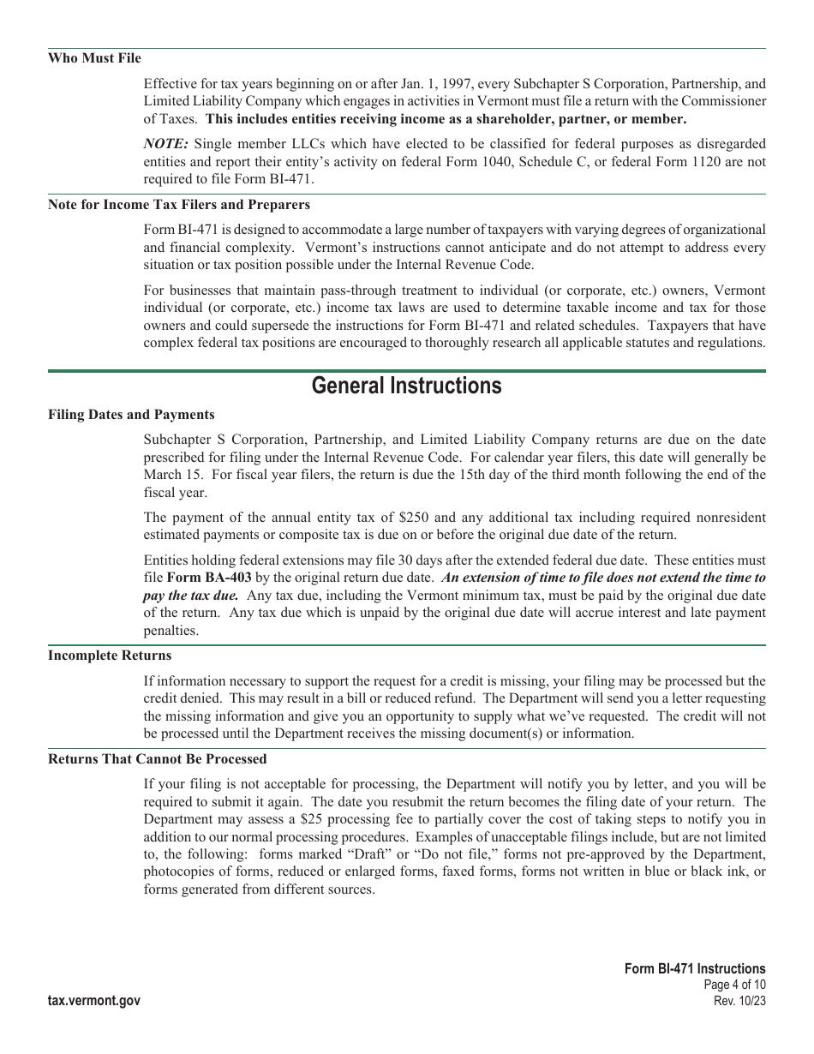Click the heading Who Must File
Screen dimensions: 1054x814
click(x=94, y=58)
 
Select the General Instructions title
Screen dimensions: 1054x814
click(x=406, y=386)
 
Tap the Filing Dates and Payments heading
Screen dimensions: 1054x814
click(x=131, y=415)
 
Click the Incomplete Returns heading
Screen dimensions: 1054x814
click(x=110, y=656)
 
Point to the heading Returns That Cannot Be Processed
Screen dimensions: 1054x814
click(x=157, y=759)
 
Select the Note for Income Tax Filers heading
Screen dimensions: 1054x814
click(x=179, y=205)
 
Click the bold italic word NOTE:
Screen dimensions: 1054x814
click(x=165, y=144)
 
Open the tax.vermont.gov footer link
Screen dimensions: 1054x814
click(x=94, y=1001)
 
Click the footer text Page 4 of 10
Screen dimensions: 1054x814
click(x=733, y=985)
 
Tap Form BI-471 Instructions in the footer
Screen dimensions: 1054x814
click(x=695, y=969)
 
